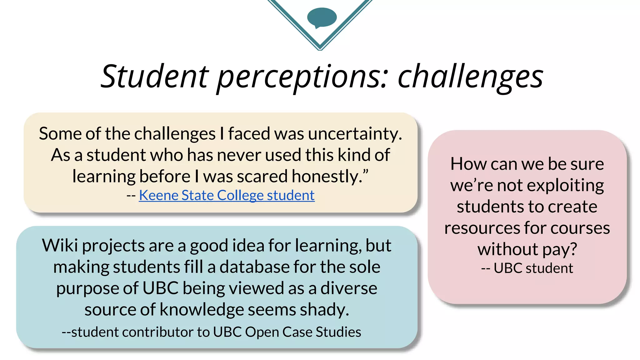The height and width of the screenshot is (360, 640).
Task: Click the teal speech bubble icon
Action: pos(322,17)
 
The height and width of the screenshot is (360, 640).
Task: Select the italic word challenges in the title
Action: pos(470,77)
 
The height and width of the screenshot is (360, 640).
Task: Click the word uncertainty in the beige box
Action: pos(354,134)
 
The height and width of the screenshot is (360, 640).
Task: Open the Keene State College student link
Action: pos(227,195)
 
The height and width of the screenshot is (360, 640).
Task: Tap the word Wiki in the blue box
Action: pos(60,245)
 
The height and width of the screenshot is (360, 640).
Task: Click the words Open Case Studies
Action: pos(303,332)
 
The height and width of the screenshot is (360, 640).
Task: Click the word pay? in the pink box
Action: pos(559,249)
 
